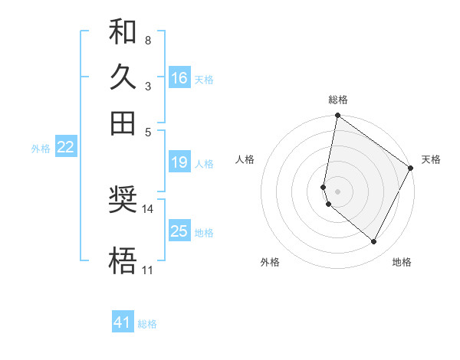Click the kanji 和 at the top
click(x=123, y=33)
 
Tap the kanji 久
click(x=123, y=77)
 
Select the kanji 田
click(x=123, y=123)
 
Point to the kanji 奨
click(x=123, y=200)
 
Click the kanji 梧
click(x=123, y=261)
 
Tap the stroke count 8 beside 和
click(x=147, y=39)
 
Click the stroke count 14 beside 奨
click(x=148, y=208)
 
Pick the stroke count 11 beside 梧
click(x=147, y=270)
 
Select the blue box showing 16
click(x=179, y=78)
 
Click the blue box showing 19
click(x=179, y=162)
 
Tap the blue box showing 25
click(x=179, y=231)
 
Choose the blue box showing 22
click(x=65, y=148)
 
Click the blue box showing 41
click(x=123, y=322)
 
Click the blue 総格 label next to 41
click(x=147, y=324)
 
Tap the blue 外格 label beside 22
click(x=41, y=149)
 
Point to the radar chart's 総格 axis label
click(x=337, y=100)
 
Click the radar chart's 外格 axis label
click(x=270, y=262)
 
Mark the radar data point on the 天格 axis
click(x=411, y=169)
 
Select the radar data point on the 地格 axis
click(x=374, y=242)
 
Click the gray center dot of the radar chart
click(x=337, y=191)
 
